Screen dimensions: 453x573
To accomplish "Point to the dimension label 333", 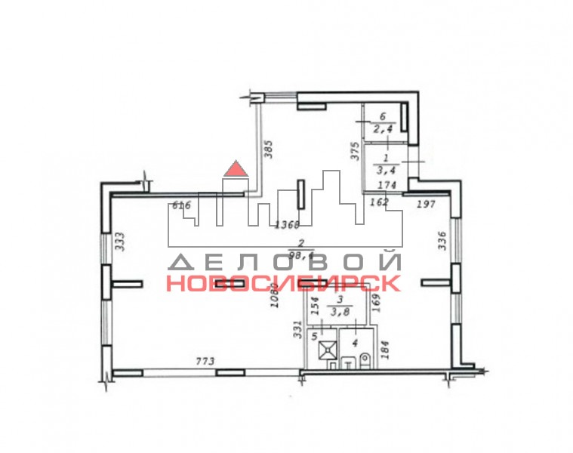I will (119, 242).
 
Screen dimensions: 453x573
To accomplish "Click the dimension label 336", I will (443, 241).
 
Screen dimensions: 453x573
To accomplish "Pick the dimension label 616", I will (181, 205).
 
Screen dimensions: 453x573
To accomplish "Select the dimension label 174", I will (387, 185).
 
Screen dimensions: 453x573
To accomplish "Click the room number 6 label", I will (383, 117).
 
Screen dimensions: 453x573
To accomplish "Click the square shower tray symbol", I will (327, 351).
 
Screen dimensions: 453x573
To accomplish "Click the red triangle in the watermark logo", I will (236, 168).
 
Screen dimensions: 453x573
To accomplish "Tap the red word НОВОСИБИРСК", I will (283, 284).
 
